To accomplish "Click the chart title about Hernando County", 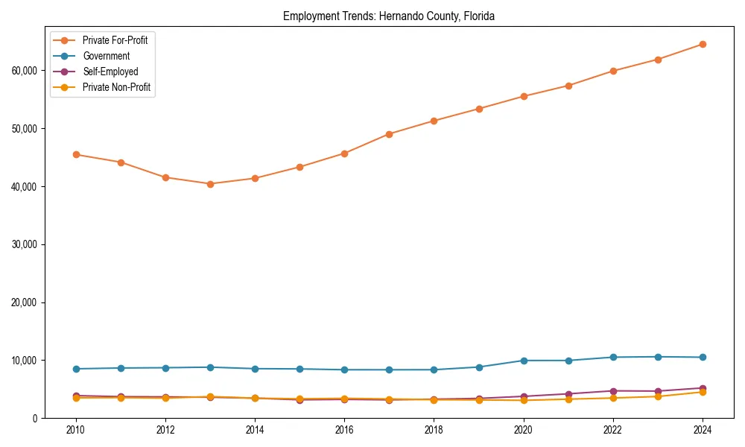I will tap(388, 16).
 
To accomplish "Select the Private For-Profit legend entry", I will tap(115, 40).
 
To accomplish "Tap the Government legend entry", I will tap(106, 56).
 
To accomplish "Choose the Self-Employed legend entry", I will tap(110, 72).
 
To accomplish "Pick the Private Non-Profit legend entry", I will tap(116, 87).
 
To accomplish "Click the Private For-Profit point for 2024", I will tap(702, 44).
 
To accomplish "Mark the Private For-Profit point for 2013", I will tap(210, 184).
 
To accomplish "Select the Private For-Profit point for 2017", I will tap(389, 134).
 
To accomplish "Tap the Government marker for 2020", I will tap(523, 361).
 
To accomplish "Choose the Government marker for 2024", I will tap(702, 357).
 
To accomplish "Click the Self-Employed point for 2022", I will tap(612, 391).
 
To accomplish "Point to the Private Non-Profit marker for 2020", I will tap(523, 400).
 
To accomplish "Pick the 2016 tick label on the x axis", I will tap(344, 430).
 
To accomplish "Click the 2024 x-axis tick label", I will tap(702, 430).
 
